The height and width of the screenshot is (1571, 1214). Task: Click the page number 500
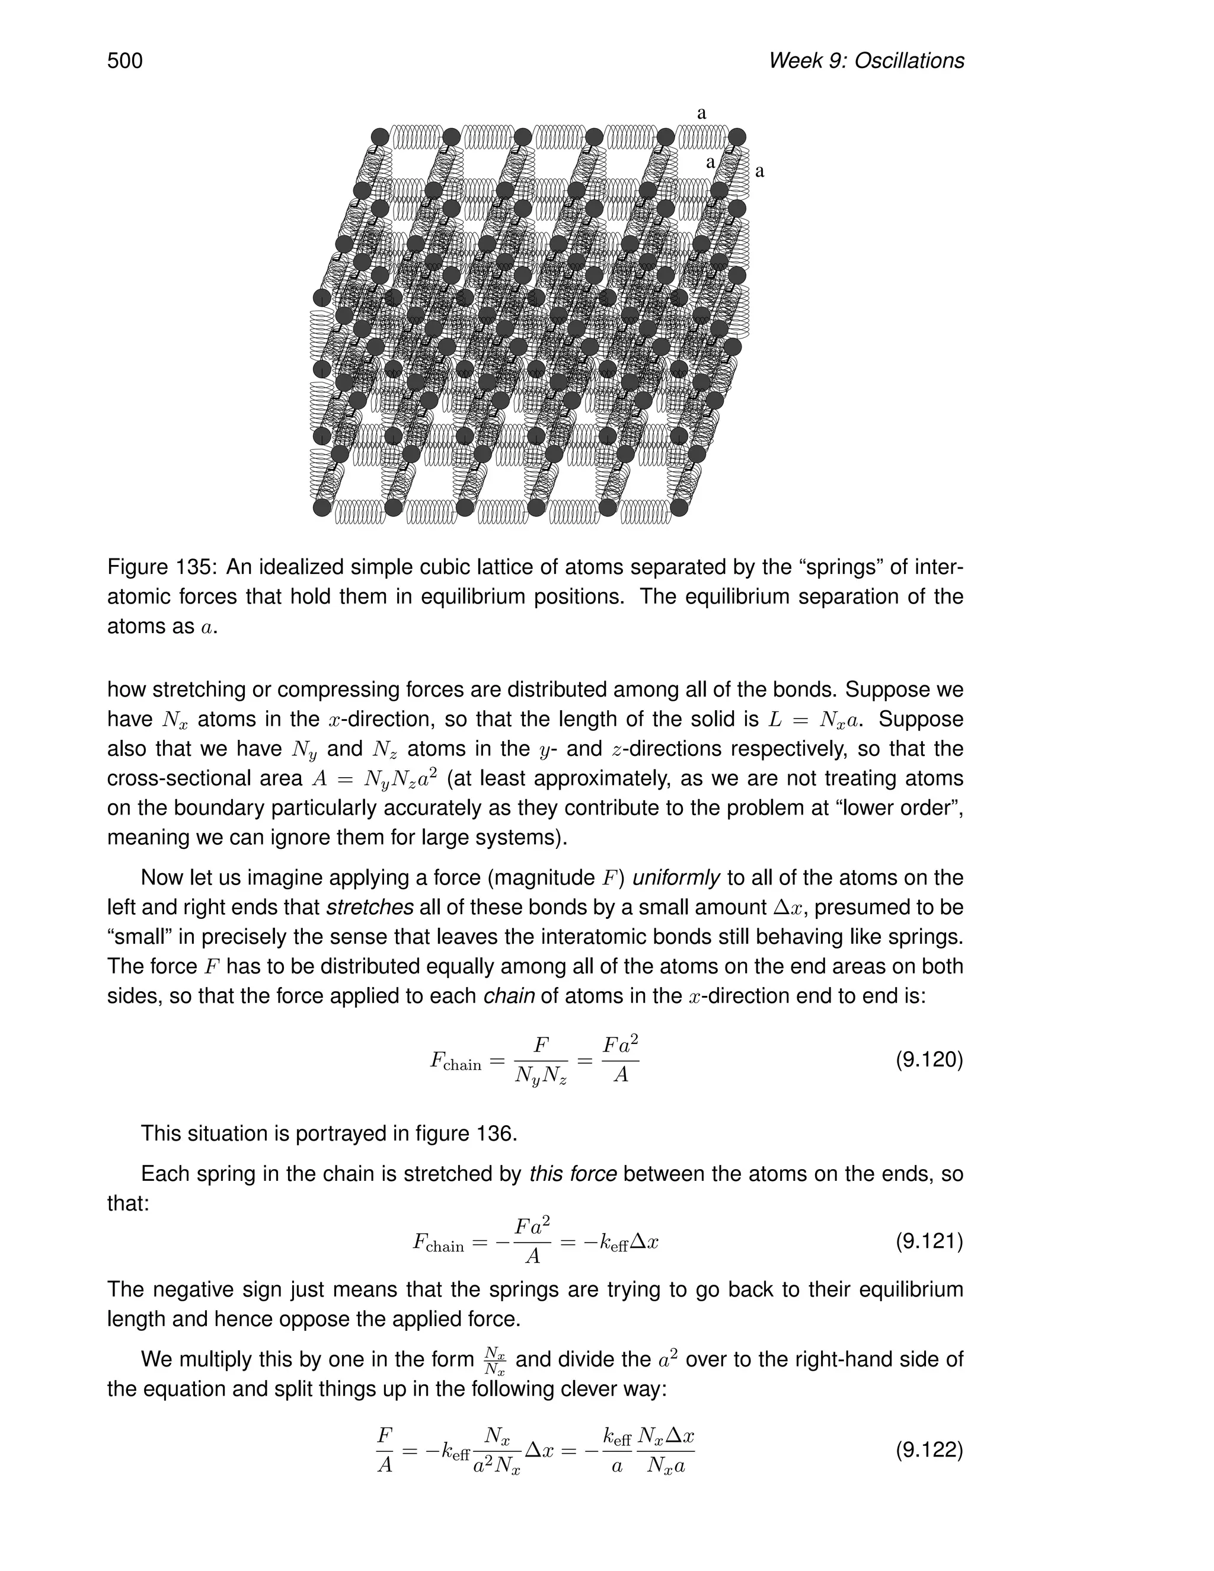tap(125, 60)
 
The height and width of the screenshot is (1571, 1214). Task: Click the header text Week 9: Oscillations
tap(866, 60)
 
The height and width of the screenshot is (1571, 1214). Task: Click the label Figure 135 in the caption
tap(161, 567)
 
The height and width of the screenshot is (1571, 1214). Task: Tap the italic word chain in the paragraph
tap(509, 997)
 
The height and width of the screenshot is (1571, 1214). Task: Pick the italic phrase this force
tap(573, 1174)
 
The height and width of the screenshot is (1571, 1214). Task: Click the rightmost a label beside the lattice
tap(759, 171)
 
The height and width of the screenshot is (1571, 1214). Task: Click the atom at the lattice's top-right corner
tap(737, 137)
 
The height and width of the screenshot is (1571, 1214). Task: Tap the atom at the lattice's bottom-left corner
tap(322, 508)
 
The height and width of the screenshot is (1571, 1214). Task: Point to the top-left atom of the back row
tap(380, 137)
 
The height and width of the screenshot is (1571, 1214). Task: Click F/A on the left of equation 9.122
tap(385, 1449)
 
